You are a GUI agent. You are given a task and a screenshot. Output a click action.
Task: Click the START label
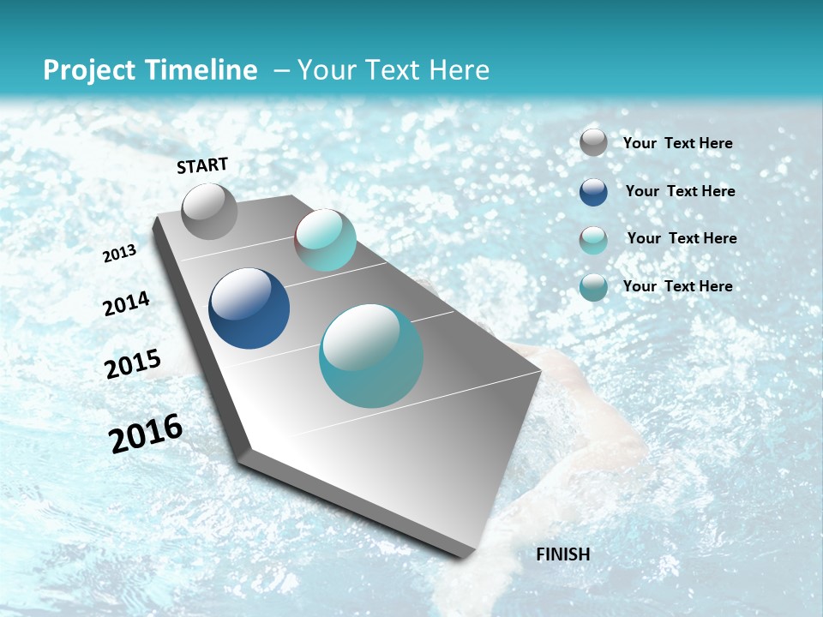click(202, 165)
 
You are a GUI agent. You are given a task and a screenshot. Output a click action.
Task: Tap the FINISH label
click(562, 554)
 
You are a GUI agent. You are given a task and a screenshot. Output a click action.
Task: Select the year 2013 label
click(119, 254)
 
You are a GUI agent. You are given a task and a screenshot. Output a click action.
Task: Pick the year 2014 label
click(126, 304)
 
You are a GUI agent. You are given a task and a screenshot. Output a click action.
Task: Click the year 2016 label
click(146, 434)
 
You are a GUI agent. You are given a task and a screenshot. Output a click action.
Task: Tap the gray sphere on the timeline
click(209, 212)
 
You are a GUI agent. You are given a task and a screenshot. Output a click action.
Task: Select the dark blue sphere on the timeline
click(249, 308)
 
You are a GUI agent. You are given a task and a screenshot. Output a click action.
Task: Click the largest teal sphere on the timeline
click(371, 356)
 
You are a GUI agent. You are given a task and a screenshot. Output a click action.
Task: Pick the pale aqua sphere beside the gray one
click(325, 240)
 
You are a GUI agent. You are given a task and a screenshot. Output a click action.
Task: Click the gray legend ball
click(593, 142)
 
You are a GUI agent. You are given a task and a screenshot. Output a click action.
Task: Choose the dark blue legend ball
click(593, 191)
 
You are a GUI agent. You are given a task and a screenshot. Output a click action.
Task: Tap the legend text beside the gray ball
click(677, 143)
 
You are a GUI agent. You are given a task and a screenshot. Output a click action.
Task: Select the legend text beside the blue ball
click(680, 191)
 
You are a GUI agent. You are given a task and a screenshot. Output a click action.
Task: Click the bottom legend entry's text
click(677, 286)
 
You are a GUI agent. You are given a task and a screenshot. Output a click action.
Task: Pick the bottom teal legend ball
click(593, 287)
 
